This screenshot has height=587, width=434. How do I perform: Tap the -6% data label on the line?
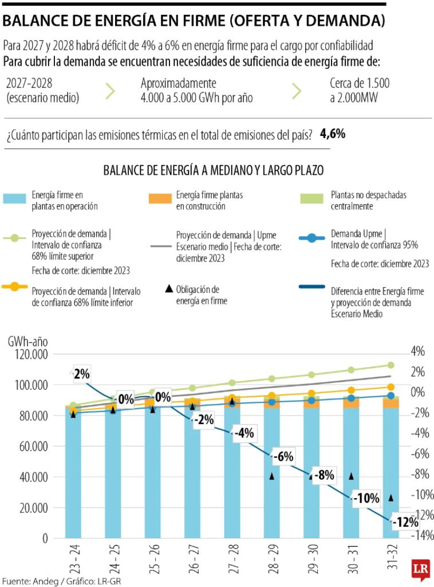coord(282,457)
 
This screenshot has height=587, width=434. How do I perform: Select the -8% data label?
coord(324,475)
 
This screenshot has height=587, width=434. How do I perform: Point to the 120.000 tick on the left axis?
coord(28,354)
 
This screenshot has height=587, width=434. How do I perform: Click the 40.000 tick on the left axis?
coord(30,477)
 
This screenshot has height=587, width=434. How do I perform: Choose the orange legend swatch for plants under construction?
coord(160,199)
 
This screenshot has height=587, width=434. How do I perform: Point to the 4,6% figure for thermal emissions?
coord(332,134)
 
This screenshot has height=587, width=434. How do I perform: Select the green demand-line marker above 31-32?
coord(391,365)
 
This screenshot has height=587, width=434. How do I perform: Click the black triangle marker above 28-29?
coord(273,476)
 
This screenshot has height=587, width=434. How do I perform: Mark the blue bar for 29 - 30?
coord(312,476)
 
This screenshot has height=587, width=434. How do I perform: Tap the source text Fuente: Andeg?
coord(29,581)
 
